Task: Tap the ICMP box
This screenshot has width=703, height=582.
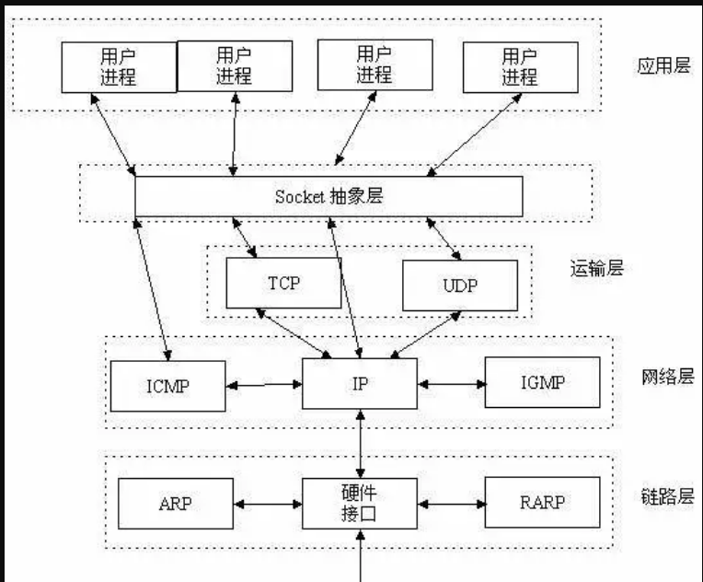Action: click(x=167, y=385)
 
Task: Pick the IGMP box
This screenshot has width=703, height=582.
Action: click(x=542, y=381)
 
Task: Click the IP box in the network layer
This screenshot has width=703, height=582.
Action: click(x=360, y=383)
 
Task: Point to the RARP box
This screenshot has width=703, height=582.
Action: click(x=542, y=502)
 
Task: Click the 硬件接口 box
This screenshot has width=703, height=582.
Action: click(x=360, y=503)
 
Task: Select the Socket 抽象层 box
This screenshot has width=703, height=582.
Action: click(x=328, y=196)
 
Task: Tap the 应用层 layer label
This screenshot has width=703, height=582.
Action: click(x=663, y=66)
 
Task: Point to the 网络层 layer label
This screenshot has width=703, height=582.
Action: click(x=666, y=378)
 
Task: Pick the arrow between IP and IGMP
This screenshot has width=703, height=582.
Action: click(x=451, y=382)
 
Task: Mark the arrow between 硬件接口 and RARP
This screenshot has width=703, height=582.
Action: click(x=451, y=504)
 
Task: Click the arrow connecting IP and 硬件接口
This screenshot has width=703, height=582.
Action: click(x=360, y=443)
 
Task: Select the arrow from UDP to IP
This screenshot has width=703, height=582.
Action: click(x=425, y=334)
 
